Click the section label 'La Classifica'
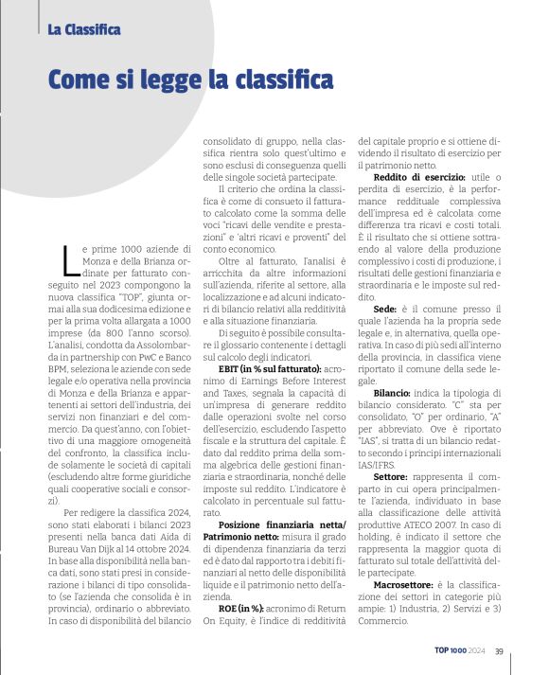[84, 29]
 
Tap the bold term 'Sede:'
[385, 308]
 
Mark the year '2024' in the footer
[477, 649]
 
